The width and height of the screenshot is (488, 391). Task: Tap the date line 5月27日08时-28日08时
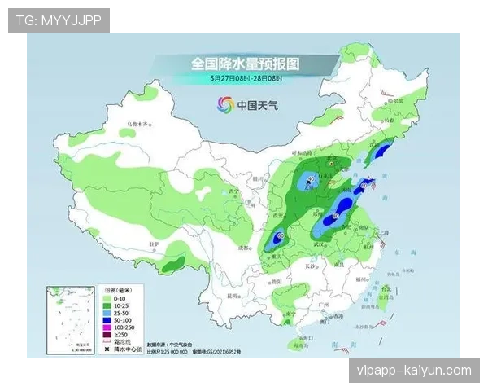click(x=246, y=78)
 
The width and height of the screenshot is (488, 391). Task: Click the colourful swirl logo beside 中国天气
click(x=224, y=103)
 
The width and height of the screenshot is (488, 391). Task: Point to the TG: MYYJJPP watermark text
click(x=59, y=20)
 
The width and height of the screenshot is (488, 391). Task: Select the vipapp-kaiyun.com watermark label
click(x=413, y=371)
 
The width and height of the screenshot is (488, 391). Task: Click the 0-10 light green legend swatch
click(x=107, y=298)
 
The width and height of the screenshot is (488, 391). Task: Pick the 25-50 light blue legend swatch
click(x=107, y=314)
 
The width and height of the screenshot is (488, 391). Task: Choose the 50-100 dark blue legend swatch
click(x=107, y=321)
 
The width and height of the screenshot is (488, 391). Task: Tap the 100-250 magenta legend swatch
click(x=107, y=328)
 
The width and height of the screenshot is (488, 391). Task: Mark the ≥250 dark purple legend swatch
click(x=107, y=336)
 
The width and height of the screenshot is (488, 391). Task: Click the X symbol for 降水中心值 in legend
click(x=107, y=349)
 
